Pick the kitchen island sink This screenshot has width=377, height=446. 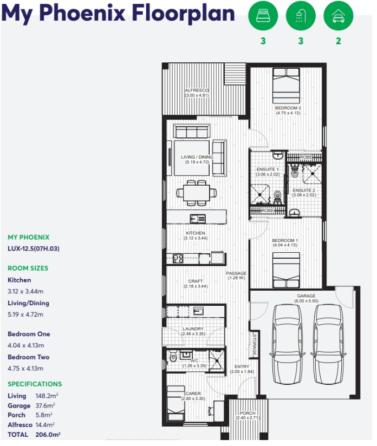coord(198,219)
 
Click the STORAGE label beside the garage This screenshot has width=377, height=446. coord(254,344)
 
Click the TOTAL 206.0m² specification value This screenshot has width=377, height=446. coord(49,435)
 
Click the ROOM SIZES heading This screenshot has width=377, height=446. coord(28,268)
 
